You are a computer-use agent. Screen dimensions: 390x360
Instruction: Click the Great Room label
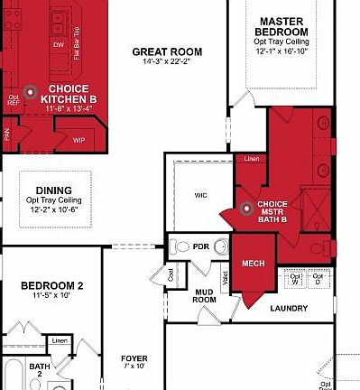[x=167, y=52]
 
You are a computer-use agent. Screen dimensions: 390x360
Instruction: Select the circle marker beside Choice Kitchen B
[x=30, y=91]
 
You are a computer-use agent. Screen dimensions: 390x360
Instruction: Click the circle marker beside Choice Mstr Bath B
[x=245, y=209]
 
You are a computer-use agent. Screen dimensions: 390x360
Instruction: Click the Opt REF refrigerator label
[x=13, y=98]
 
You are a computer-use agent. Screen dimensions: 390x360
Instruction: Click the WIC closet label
[x=201, y=195]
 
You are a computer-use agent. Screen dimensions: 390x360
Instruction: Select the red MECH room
[x=252, y=264]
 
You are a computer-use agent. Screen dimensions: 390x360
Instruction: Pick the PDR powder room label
[x=201, y=246]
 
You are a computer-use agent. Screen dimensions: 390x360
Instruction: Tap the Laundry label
[x=289, y=308]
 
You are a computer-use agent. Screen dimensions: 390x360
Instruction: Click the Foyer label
[x=134, y=358]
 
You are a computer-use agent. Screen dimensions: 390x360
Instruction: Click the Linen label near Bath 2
[x=60, y=340]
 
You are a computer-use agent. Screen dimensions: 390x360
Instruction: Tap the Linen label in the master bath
[x=250, y=160]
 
